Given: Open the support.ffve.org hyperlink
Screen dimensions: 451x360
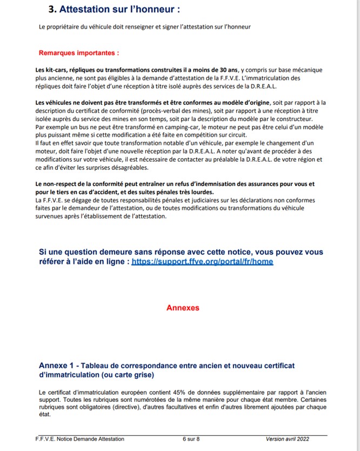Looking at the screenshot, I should click(x=202, y=261).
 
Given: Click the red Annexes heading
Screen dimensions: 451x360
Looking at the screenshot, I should click(x=183, y=308).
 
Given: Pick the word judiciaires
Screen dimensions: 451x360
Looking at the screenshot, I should click(x=195, y=201).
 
